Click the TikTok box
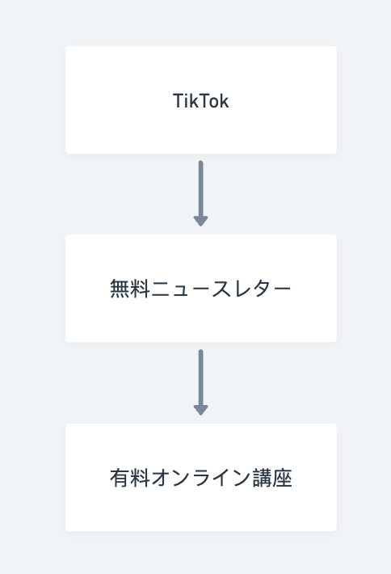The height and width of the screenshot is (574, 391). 201,100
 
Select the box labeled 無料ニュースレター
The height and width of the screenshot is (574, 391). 201,289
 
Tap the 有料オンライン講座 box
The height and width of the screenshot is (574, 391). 201,477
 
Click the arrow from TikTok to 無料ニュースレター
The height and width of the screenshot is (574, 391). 201,193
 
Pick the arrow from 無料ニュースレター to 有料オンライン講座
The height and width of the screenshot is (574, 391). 201,382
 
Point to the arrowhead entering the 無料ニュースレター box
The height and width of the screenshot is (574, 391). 201,221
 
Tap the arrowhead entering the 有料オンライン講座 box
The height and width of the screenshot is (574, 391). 201,411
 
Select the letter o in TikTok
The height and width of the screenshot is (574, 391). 212,103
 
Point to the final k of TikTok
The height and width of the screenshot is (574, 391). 224,101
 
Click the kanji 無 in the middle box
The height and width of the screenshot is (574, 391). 120,289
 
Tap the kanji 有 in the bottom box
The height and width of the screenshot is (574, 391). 120,478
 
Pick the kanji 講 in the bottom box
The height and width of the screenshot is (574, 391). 262,478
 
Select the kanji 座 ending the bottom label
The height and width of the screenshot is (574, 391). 283,478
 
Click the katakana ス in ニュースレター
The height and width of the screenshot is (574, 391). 221,289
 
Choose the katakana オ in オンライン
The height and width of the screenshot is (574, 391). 160,478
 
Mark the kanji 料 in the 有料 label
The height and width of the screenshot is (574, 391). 140,478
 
